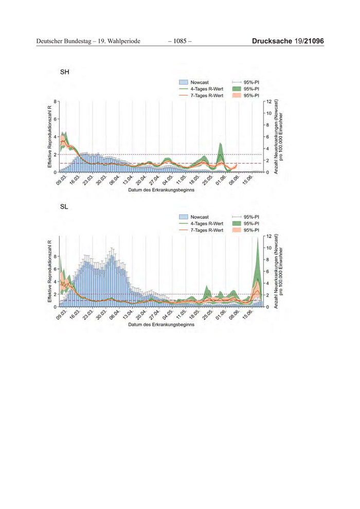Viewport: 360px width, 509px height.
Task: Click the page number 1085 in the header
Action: [179, 41]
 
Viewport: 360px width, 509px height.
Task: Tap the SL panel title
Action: [64, 207]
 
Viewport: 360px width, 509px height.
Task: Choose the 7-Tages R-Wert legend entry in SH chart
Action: [206, 96]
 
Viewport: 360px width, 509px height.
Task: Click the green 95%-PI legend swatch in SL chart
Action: [237, 224]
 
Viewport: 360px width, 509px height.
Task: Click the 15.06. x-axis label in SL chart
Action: [248, 315]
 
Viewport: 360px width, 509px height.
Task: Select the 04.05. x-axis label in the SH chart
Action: [168, 181]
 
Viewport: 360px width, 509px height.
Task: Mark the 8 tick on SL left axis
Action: [55, 256]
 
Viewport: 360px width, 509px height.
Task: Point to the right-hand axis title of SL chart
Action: [279, 271]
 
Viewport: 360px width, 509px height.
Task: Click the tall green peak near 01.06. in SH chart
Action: [221, 146]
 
